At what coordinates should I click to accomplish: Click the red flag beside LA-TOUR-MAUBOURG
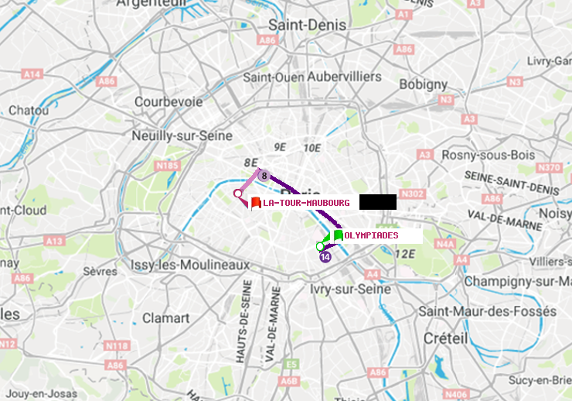pos(256,203)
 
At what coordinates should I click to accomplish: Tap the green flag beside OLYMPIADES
pos(338,235)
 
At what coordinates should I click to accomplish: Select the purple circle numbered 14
pos(325,257)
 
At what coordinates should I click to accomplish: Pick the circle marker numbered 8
pos(264,176)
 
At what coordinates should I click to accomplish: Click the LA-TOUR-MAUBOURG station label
pos(306,203)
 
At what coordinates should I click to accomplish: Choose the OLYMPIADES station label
pos(372,235)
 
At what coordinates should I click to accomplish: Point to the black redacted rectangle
pos(378,202)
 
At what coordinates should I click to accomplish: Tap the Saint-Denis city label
pos(308,26)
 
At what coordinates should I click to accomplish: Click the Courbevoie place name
pos(169,101)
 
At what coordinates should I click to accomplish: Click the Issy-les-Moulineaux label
pos(190,265)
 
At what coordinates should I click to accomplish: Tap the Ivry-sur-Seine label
pos(350,289)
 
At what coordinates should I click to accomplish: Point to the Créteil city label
pos(445,338)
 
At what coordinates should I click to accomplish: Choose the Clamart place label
pos(166,318)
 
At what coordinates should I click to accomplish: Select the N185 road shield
pos(167,165)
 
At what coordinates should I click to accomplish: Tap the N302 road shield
pos(414,194)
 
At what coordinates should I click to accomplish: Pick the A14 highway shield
pos(32,74)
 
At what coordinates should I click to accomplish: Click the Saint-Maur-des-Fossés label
pos(487,311)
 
